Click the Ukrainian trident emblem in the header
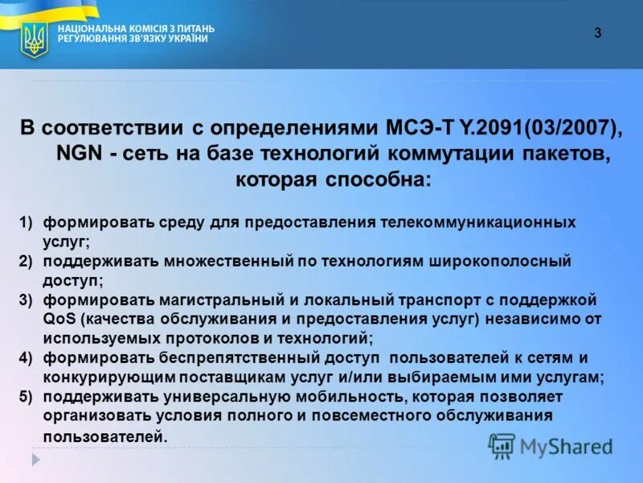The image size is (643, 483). [34, 39]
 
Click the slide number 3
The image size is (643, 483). [597, 33]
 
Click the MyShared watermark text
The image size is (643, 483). [566, 447]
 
